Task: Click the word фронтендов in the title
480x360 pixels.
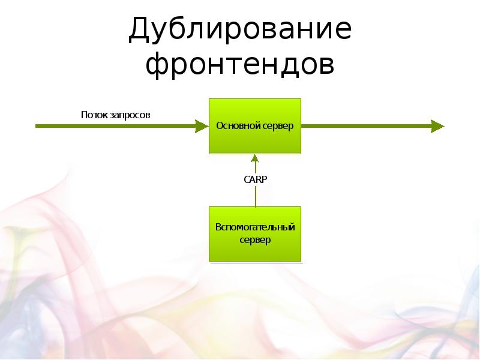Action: (239, 65)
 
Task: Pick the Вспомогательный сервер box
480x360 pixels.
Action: (254, 234)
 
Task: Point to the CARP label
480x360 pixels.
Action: (255, 178)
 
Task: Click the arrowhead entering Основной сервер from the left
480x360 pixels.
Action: (200, 126)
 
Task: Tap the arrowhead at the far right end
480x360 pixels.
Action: (437, 126)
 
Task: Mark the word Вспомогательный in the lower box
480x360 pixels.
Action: (255, 228)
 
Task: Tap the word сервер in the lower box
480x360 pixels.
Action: (255, 240)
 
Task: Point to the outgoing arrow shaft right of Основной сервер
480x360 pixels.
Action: (366, 126)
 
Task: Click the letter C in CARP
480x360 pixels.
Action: (247, 178)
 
